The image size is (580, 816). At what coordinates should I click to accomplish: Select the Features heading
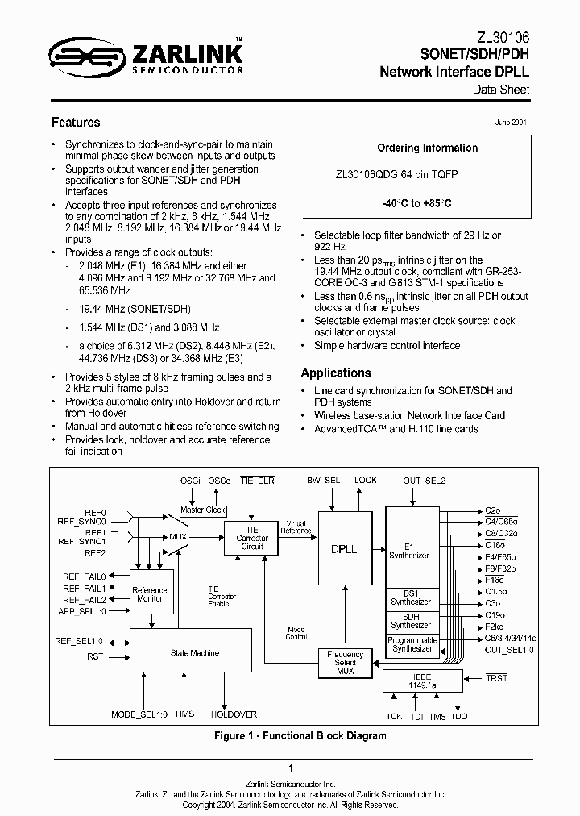point(76,123)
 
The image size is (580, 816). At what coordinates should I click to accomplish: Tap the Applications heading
point(336,373)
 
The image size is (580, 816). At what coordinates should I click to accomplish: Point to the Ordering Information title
point(427,148)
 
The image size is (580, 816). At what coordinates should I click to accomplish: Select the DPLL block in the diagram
point(344,548)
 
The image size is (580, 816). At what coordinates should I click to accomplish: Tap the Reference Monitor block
point(149,594)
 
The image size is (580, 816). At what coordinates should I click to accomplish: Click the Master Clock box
point(202,510)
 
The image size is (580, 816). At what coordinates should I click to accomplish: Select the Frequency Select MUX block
point(345,664)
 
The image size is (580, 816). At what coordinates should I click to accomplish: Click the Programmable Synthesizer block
point(412,645)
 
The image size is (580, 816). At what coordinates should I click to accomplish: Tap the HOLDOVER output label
point(234,714)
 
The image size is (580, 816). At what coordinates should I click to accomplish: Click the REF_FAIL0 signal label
point(85,576)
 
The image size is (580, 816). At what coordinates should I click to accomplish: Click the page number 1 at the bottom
point(290,768)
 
